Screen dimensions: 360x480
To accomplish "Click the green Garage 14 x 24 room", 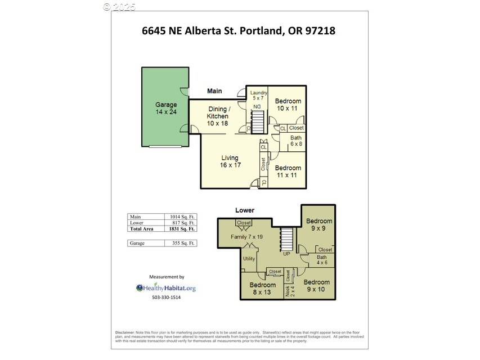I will (x=165, y=108).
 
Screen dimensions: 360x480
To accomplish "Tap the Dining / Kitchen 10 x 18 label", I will (x=218, y=116).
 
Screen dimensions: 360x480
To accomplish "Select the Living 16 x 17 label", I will (x=230, y=161).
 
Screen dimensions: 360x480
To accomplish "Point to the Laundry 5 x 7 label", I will (x=258, y=95).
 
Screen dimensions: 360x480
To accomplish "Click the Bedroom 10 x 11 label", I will (x=288, y=105).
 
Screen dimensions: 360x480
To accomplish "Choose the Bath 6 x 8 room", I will (x=296, y=141).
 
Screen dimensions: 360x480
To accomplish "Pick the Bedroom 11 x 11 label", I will (x=288, y=172).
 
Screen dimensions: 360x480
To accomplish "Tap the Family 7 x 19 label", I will (x=246, y=237).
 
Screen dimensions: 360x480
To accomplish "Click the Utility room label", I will (x=249, y=259).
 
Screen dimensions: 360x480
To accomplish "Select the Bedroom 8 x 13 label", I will (x=263, y=289).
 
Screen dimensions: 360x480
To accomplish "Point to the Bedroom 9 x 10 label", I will (x=316, y=286).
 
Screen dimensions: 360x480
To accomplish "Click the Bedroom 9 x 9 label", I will (x=319, y=225).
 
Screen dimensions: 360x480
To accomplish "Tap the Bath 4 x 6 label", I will (x=321, y=260).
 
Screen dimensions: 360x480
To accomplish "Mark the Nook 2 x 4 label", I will (x=288, y=291).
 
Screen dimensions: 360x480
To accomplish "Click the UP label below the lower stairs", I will (x=286, y=254).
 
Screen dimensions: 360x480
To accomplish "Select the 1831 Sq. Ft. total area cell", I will (x=182, y=229).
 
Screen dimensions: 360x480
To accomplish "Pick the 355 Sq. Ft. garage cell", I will (x=182, y=243).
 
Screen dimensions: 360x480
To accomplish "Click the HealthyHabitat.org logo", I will (x=166, y=288).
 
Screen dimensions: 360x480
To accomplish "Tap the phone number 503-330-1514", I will (x=166, y=298).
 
